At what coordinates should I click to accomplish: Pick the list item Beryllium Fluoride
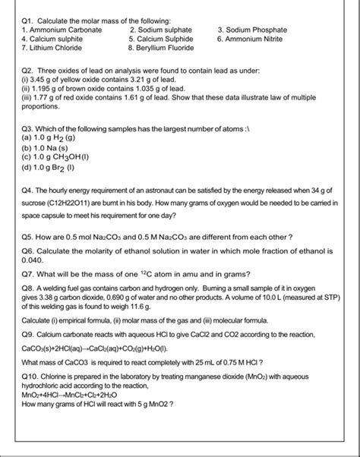[162, 47]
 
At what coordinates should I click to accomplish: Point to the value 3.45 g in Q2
[43, 78]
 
